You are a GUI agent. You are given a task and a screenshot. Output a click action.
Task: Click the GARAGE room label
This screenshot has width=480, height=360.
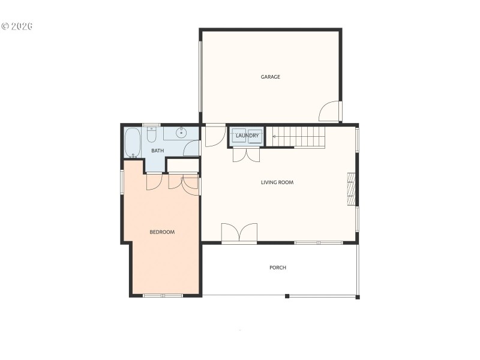coord(270,77)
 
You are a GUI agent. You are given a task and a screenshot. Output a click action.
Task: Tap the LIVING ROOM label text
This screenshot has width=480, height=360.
coord(277,182)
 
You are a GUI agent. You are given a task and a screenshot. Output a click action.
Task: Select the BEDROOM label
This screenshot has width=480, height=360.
coord(162,232)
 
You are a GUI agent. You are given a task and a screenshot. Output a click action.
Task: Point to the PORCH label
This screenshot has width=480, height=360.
coord(278,268)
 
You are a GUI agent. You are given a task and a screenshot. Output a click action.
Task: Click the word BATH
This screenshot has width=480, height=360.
coord(157,151)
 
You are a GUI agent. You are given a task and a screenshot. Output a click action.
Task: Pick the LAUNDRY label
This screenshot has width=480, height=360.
coord(247,136)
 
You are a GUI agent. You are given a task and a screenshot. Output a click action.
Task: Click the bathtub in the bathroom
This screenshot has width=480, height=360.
coord(133,143)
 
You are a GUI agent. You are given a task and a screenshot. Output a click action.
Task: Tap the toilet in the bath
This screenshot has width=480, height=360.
coord(152,133)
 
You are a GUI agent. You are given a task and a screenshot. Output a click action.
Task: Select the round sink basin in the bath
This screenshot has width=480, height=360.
coord(181,132)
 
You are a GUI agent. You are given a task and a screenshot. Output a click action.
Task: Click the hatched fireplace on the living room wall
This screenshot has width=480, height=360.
coord(352,190)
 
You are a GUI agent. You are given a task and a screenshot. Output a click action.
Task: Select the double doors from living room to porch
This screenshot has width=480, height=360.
coord(239,233)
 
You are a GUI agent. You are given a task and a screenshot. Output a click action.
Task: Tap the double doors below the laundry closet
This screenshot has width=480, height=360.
coord(247,154)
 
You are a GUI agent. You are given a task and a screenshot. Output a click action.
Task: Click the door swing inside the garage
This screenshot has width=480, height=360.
coord(329,112)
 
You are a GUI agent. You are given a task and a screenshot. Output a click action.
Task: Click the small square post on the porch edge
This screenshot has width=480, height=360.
coord(287,296)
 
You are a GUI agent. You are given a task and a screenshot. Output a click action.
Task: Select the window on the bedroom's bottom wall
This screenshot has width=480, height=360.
coord(163,295)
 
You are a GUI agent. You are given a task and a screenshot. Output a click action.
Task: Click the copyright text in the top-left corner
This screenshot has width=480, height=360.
coord(16,26)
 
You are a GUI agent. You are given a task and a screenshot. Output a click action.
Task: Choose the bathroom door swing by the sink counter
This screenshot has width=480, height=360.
coord(193,148)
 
